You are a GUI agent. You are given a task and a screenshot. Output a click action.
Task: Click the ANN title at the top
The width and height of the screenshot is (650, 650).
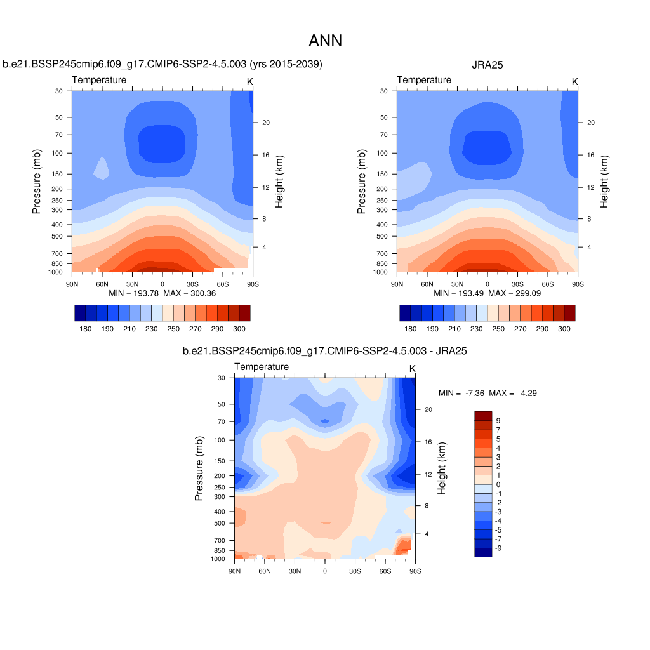pyautogui.click(x=325, y=41)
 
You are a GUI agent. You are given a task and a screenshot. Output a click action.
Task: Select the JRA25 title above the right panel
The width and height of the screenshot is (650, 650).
pyautogui.click(x=487, y=64)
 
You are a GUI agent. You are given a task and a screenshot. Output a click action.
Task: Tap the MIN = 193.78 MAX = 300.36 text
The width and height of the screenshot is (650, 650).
pyautogui.click(x=162, y=294)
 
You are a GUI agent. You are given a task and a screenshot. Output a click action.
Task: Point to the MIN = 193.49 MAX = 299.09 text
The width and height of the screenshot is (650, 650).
pyautogui.click(x=487, y=294)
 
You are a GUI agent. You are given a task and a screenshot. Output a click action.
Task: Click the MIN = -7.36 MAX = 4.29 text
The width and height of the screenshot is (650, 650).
pyautogui.click(x=487, y=394)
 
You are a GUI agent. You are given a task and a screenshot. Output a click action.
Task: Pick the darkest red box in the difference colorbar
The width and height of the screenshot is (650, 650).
pyautogui.click(x=483, y=416)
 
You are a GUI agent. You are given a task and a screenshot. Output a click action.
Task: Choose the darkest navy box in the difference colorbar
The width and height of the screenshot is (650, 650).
pyautogui.click(x=483, y=552)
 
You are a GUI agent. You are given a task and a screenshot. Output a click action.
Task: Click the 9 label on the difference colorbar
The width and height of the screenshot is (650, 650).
pyautogui.click(x=498, y=420)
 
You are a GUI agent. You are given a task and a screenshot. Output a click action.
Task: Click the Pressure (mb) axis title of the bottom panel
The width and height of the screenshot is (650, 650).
pyautogui.click(x=199, y=468)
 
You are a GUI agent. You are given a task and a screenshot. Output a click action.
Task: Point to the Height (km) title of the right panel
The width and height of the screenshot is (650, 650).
pyautogui.click(x=604, y=181)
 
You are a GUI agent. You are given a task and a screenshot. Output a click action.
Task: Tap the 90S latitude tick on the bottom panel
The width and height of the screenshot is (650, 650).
pyautogui.click(x=415, y=571)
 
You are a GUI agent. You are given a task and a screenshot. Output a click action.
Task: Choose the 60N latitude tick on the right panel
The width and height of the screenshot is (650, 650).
pyautogui.click(x=427, y=284)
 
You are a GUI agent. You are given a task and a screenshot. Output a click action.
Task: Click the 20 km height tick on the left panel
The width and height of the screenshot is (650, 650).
pyautogui.click(x=267, y=123)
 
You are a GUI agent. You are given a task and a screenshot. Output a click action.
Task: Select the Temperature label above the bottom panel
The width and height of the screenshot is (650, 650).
pyautogui.click(x=262, y=367)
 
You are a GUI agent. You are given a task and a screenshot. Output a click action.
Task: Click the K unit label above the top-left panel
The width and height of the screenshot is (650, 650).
pyautogui.click(x=250, y=81)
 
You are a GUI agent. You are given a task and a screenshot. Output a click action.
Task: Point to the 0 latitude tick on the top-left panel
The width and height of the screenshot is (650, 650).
pyautogui.click(x=162, y=284)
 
